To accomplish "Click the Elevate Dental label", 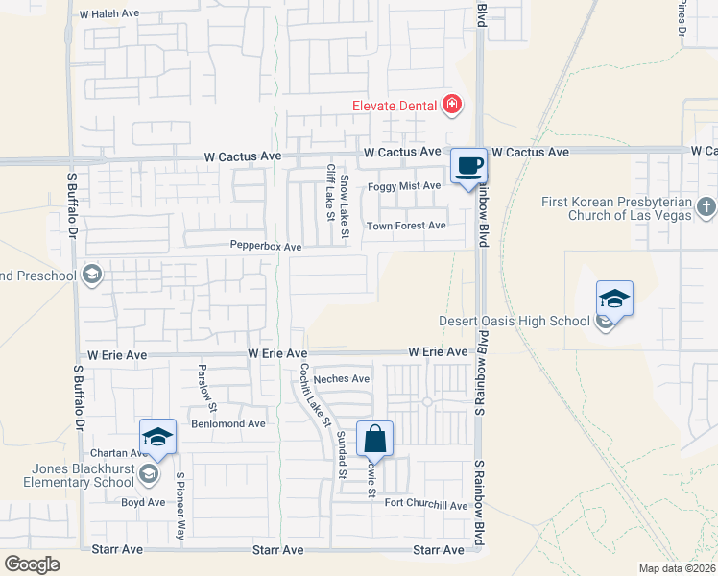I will coord(394,106).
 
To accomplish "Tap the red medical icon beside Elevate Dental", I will coord(450,105).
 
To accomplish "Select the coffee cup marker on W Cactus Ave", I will coord(468,165).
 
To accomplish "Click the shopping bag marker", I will coord(375,440).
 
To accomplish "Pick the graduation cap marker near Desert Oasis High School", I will coord(614,299).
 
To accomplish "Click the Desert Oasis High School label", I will coord(514,322).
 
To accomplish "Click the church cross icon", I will coord(706,205).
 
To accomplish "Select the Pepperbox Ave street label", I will coord(266,247).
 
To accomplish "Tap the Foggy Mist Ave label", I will coord(404,186).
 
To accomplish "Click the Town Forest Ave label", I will coord(406,226).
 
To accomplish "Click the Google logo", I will coord(32,564).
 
